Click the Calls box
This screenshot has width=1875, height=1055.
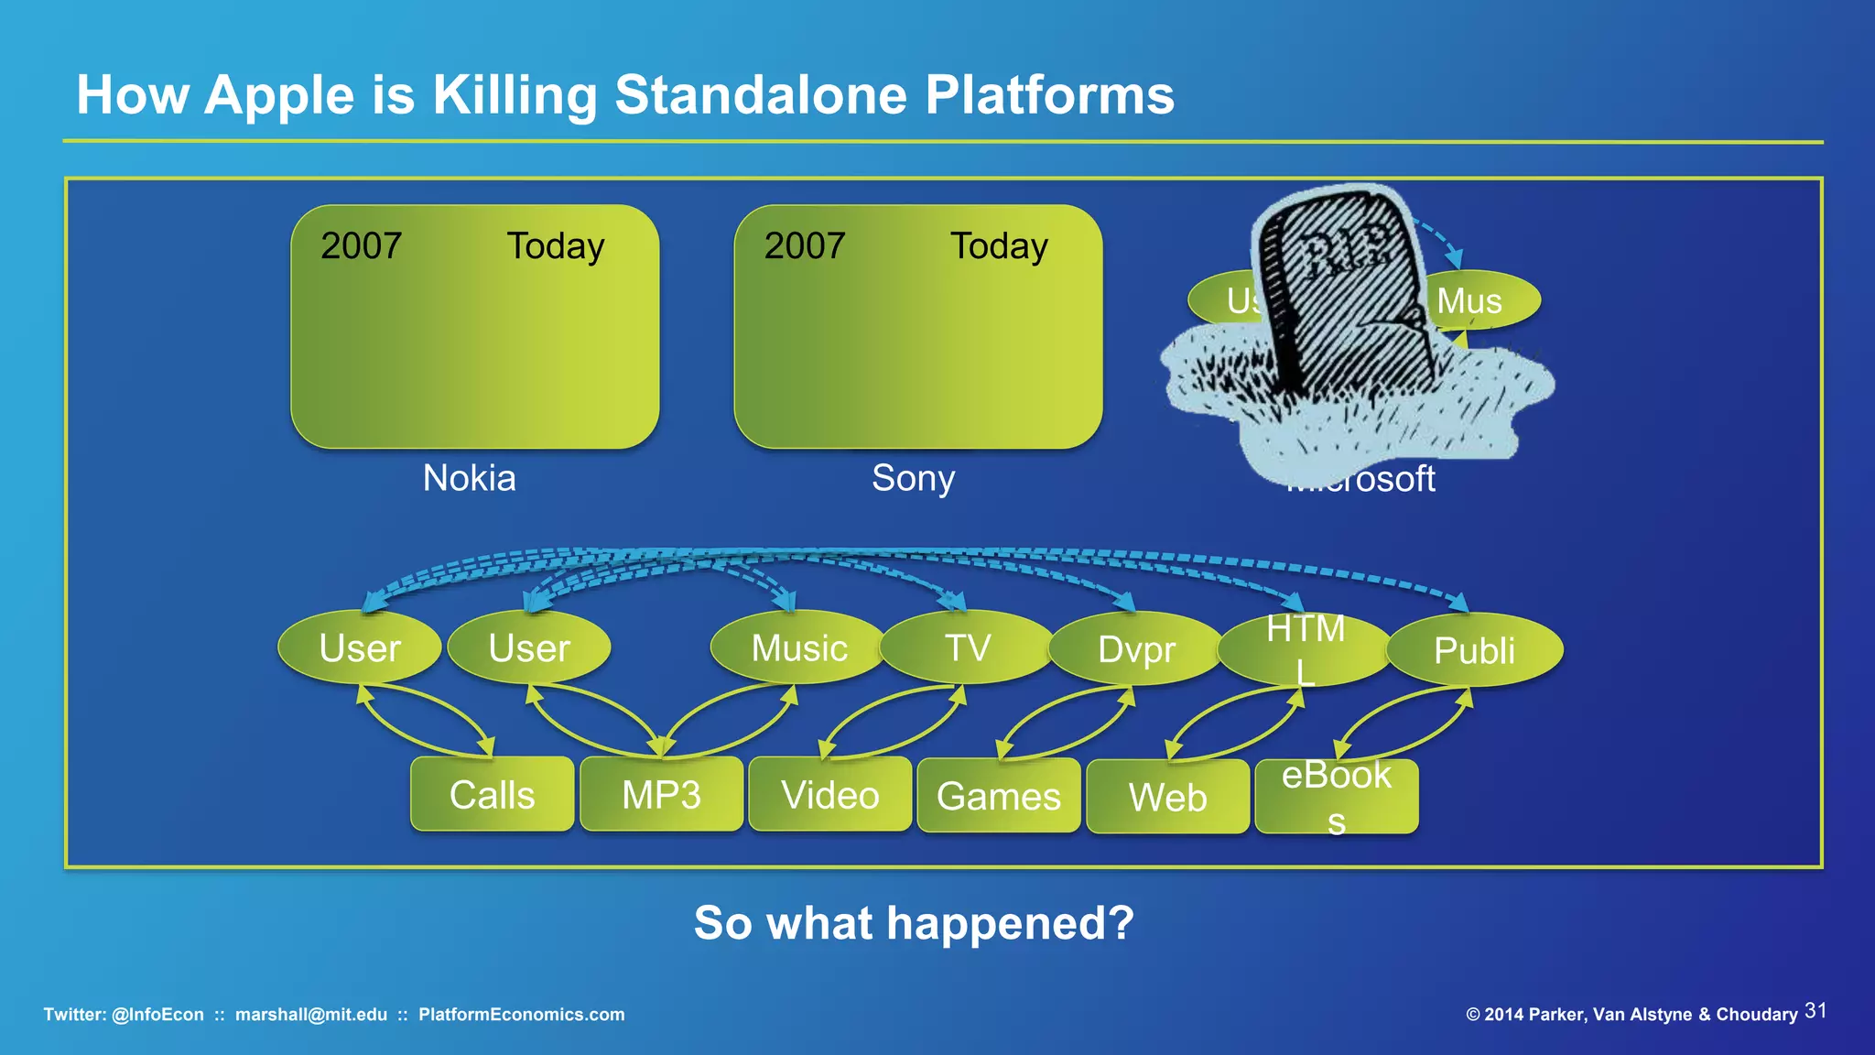pos(492,794)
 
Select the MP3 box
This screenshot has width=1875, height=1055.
pos(661,794)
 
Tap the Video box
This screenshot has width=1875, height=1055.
pos(829,794)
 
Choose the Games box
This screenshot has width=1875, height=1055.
pos(999,796)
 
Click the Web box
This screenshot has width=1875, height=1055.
pos(1167,797)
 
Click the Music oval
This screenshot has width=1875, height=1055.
pos(799,647)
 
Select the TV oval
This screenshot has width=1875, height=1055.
pos(968,647)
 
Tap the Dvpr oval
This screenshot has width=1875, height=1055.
pos(1136,648)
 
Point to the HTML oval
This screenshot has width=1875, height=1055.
pos(1305,649)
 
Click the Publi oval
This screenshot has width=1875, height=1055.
pos(1474,650)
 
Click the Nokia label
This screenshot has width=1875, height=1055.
pos(469,478)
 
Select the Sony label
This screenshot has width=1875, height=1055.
pos(913,478)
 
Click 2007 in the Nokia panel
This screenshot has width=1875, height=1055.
pos(361,245)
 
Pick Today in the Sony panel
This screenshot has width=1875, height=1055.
pos(999,245)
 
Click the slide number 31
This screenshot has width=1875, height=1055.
pos(1815,1011)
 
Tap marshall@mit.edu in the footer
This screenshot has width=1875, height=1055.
pos(311,1015)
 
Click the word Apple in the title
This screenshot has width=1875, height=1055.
pos(279,94)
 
